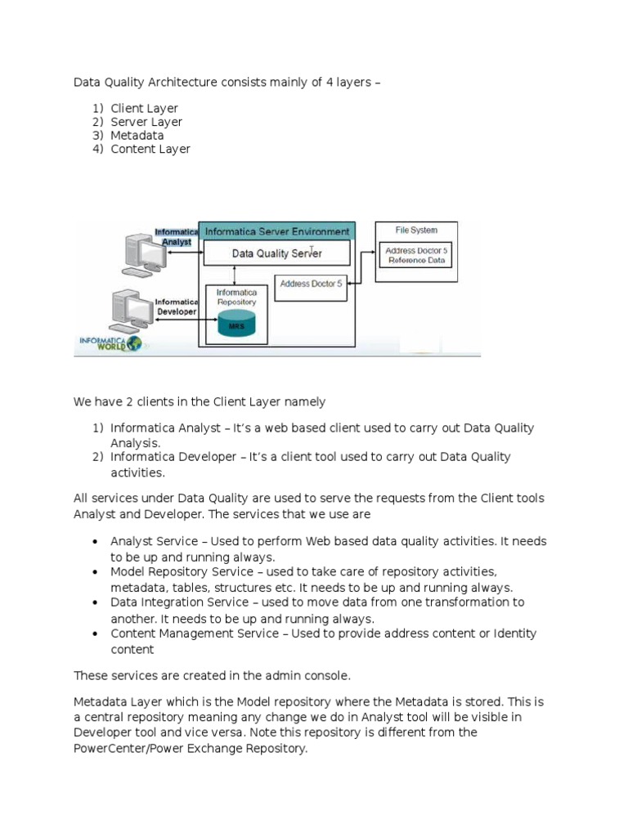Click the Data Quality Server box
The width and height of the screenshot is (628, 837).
(x=276, y=253)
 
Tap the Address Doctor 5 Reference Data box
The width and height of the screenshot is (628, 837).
(x=416, y=255)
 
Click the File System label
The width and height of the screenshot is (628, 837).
(x=416, y=231)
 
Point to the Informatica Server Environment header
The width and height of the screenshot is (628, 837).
(x=276, y=231)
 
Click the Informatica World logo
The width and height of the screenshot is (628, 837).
(x=110, y=343)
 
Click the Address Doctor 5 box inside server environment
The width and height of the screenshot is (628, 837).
(x=311, y=284)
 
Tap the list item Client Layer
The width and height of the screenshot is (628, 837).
(x=144, y=108)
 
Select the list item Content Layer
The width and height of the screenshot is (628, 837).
(x=150, y=149)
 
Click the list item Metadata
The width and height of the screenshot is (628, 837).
(x=137, y=135)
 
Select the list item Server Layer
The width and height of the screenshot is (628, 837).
(x=146, y=122)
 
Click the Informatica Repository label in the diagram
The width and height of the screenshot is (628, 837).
(x=236, y=297)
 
